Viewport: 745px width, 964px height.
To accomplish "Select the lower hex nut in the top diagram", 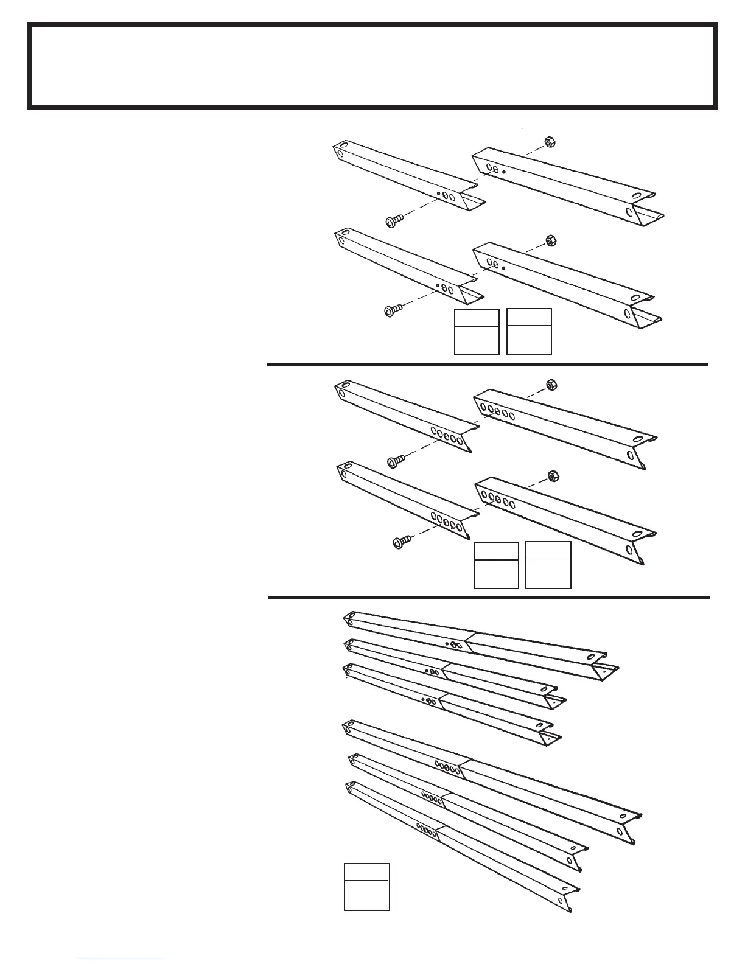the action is (549, 240).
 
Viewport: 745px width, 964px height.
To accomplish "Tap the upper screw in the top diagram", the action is (394, 220).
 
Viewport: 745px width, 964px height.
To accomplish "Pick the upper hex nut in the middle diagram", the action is (551, 385).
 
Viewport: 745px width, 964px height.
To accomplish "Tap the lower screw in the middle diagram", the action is (399, 540).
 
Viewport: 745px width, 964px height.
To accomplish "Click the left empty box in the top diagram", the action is (477, 332).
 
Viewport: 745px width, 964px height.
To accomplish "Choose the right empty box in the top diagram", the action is (529, 332).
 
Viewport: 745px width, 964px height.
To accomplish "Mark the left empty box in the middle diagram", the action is (496, 565).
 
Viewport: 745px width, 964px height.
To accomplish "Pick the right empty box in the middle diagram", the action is (548, 565).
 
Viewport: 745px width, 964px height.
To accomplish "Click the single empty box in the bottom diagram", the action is (366, 886).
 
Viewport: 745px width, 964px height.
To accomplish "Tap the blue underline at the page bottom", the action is (121, 959).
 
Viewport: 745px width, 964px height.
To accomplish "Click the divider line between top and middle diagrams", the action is (487, 365).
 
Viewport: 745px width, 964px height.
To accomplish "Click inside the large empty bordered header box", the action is (372, 66).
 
